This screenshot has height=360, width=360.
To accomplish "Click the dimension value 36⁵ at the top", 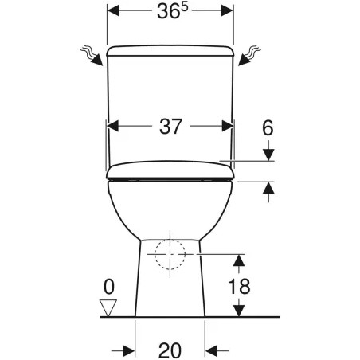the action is [x=172, y=11].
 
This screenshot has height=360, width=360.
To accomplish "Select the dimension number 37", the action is [x=170, y=127].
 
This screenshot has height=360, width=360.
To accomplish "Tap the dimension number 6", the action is [x=268, y=128].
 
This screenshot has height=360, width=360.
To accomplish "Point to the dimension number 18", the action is [x=239, y=286].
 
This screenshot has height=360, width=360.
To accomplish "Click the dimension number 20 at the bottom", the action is [x=170, y=350].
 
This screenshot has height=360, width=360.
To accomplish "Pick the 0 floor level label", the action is [x=109, y=287].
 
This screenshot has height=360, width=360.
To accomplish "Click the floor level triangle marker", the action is [x=108, y=308].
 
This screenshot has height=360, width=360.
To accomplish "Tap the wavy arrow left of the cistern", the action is [x=92, y=55].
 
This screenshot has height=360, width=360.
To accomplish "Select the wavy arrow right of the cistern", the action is [x=249, y=55].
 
